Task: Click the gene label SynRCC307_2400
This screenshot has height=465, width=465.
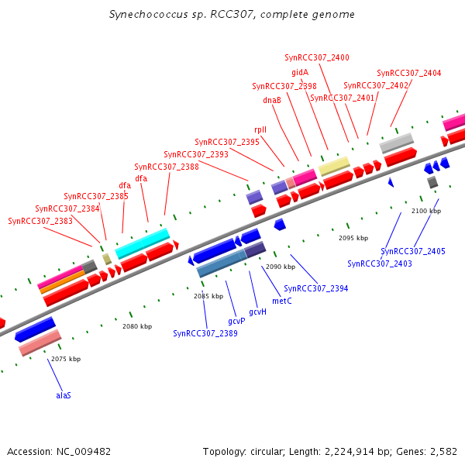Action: pos(317,57)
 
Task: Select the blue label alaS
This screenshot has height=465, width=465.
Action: pos(64,395)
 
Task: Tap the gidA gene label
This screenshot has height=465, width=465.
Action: pos(300,72)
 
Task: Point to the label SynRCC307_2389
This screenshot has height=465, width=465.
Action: pos(205,333)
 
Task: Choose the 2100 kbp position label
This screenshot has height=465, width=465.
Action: pos(425,211)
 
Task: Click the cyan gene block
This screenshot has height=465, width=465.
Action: pos(143,243)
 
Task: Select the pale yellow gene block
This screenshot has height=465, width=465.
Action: pos(334,165)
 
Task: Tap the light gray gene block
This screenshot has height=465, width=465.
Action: pos(396,142)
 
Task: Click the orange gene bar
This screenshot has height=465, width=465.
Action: pos(62,281)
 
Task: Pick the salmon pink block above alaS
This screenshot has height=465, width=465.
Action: pos(40,343)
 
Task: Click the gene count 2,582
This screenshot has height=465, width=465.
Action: pos(443,451)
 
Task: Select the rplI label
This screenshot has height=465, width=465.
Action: pos(260,129)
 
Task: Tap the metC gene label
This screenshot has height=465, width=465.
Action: pos(282,300)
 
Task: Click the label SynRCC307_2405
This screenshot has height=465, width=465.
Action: pos(413,251)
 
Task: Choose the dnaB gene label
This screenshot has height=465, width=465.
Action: pos(272,100)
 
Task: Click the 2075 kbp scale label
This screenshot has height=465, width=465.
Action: pos(66,359)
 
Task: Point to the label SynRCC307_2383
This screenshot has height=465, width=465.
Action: pos(40,221)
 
